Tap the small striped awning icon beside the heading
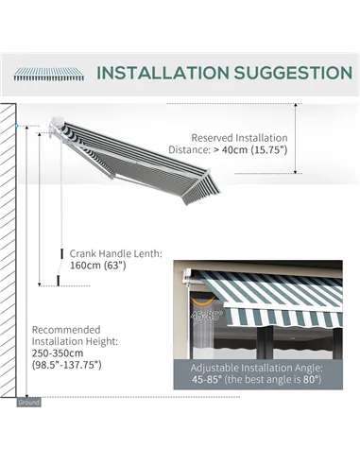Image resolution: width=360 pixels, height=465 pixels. coord(48,73)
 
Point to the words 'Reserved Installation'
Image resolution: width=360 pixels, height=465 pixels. coord(241,136)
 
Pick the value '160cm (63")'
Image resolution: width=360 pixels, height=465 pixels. coord(97,266)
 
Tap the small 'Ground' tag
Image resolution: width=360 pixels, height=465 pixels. coord(29,402)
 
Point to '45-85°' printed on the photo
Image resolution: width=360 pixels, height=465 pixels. coord(203,316)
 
